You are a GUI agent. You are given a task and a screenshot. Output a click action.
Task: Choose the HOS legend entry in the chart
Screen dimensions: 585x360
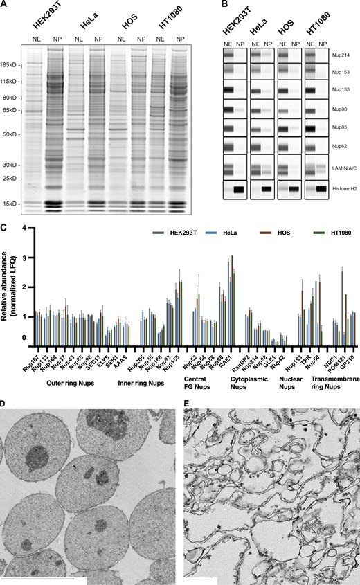click(284, 233)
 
